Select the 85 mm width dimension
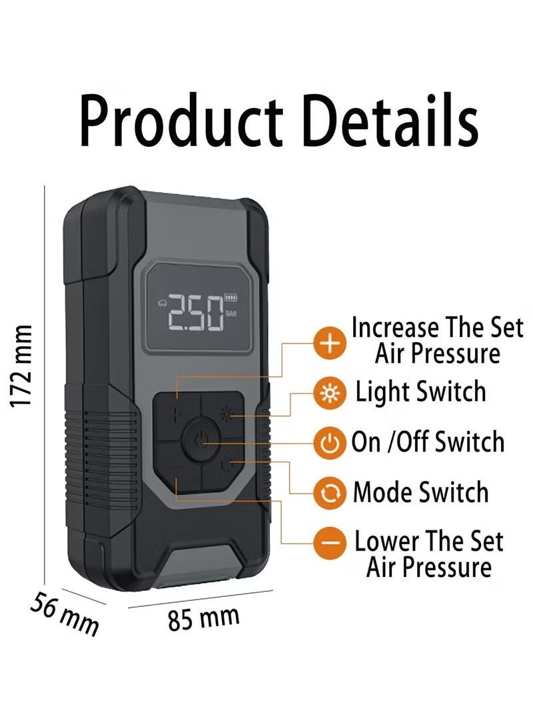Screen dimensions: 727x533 click(x=203, y=618)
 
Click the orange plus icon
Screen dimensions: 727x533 click(x=330, y=344)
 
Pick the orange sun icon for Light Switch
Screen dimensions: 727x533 click(x=330, y=395)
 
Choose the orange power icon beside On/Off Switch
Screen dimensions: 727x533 click(x=330, y=443)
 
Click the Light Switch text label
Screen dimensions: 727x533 click(x=421, y=392)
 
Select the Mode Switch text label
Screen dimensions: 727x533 click(x=420, y=492)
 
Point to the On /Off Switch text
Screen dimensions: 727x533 click(x=428, y=442)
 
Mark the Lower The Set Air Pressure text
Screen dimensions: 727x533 click(x=428, y=554)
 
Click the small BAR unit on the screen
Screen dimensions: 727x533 click(x=231, y=312)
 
